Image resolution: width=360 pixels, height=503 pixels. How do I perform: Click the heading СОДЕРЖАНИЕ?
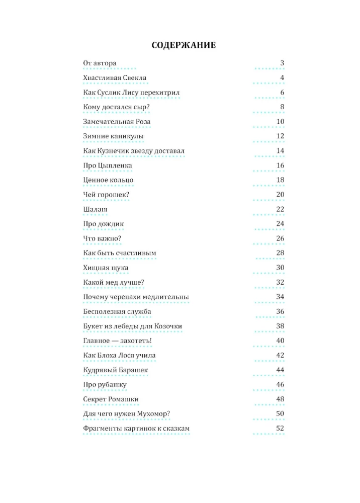184,46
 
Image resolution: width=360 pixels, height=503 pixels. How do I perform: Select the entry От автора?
100,63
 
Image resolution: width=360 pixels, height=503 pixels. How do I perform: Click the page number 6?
283,93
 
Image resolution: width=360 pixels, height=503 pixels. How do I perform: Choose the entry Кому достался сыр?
116,107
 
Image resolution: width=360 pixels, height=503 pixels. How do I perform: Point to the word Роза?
140,122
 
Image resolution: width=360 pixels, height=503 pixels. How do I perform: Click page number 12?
281,136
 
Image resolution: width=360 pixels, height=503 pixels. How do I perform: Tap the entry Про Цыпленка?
107,165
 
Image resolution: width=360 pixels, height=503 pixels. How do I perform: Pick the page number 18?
281,180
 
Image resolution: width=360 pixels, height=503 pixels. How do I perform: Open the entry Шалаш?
95,209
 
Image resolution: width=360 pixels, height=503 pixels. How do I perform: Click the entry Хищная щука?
106,268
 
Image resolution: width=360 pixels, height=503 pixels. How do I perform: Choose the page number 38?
281,326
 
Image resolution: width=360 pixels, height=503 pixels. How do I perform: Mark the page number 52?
281,429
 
